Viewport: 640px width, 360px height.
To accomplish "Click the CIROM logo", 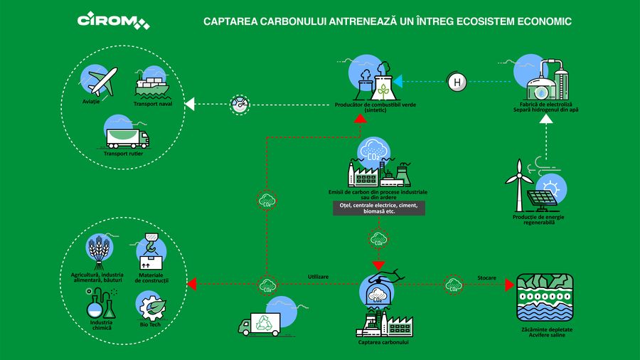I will tap(112, 21).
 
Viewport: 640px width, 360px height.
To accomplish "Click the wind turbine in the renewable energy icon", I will tap(520, 183).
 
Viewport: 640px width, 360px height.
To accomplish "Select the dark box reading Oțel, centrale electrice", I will tap(378, 208).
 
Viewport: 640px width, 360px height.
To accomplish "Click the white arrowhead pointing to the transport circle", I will tap(188, 105).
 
